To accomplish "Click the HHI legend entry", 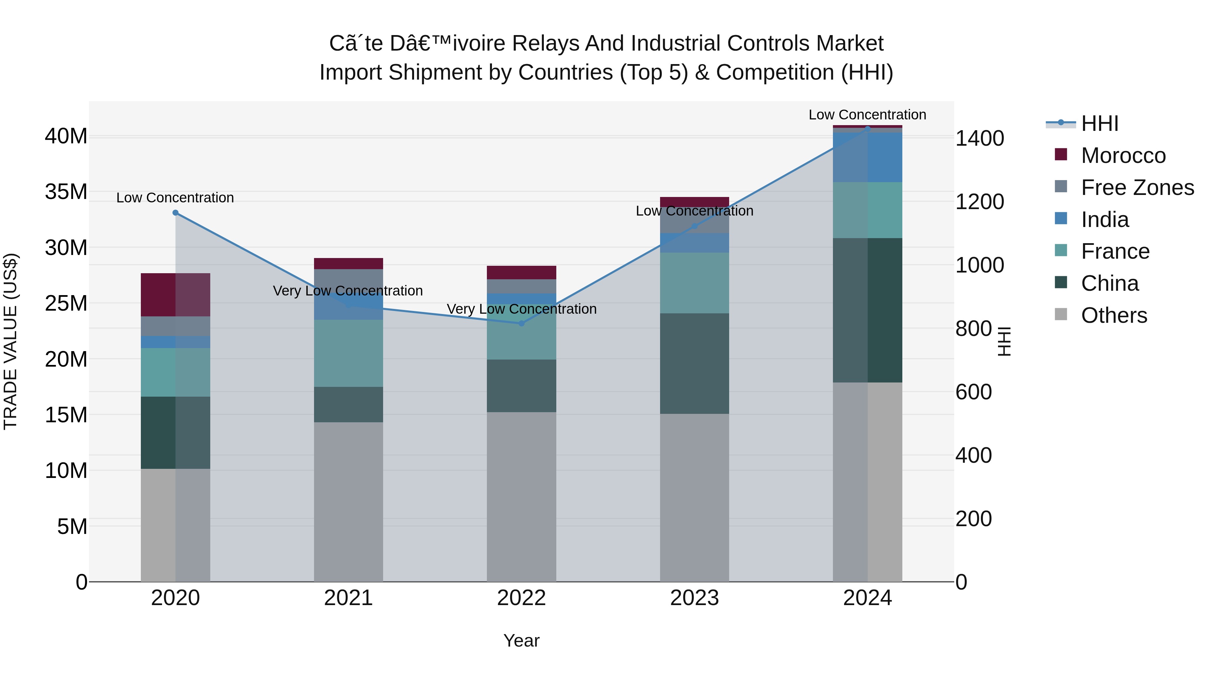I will pyautogui.click(x=1099, y=123).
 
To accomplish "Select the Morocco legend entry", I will pyautogui.click(x=1123, y=155).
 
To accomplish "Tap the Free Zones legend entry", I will pyautogui.click(x=1137, y=188).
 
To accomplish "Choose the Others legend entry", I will pyautogui.click(x=1114, y=315).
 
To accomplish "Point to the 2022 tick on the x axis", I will pyautogui.click(x=521, y=598).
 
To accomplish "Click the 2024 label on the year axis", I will pyautogui.click(x=867, y=598).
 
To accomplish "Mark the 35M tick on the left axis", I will pyautogui.click(x=66, y=192).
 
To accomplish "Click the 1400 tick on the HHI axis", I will pyautogui.click(x=979, y=139).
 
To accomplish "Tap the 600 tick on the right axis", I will pyautogui.click(x=973, y=392).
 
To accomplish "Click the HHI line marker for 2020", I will pyautogui.click(x=176, y=212).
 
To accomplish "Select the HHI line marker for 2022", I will pyautogui.click(x=521, y=323).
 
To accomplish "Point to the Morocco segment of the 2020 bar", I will pyautogui.click(x=176, y=294).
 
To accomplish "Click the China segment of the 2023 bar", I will pyautogui.click(x=694, y=363).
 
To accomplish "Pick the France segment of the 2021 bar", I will pyautogui.click(x=348, y=353).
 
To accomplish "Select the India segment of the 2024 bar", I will pyautogui.click(x=867, y=158).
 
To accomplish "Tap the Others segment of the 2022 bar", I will pyautogui.click(x=521, y=496).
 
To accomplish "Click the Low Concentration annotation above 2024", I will pyautogui.click(x=867, y=115).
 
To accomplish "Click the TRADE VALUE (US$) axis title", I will pyautogui.click(x=10, y=341).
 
